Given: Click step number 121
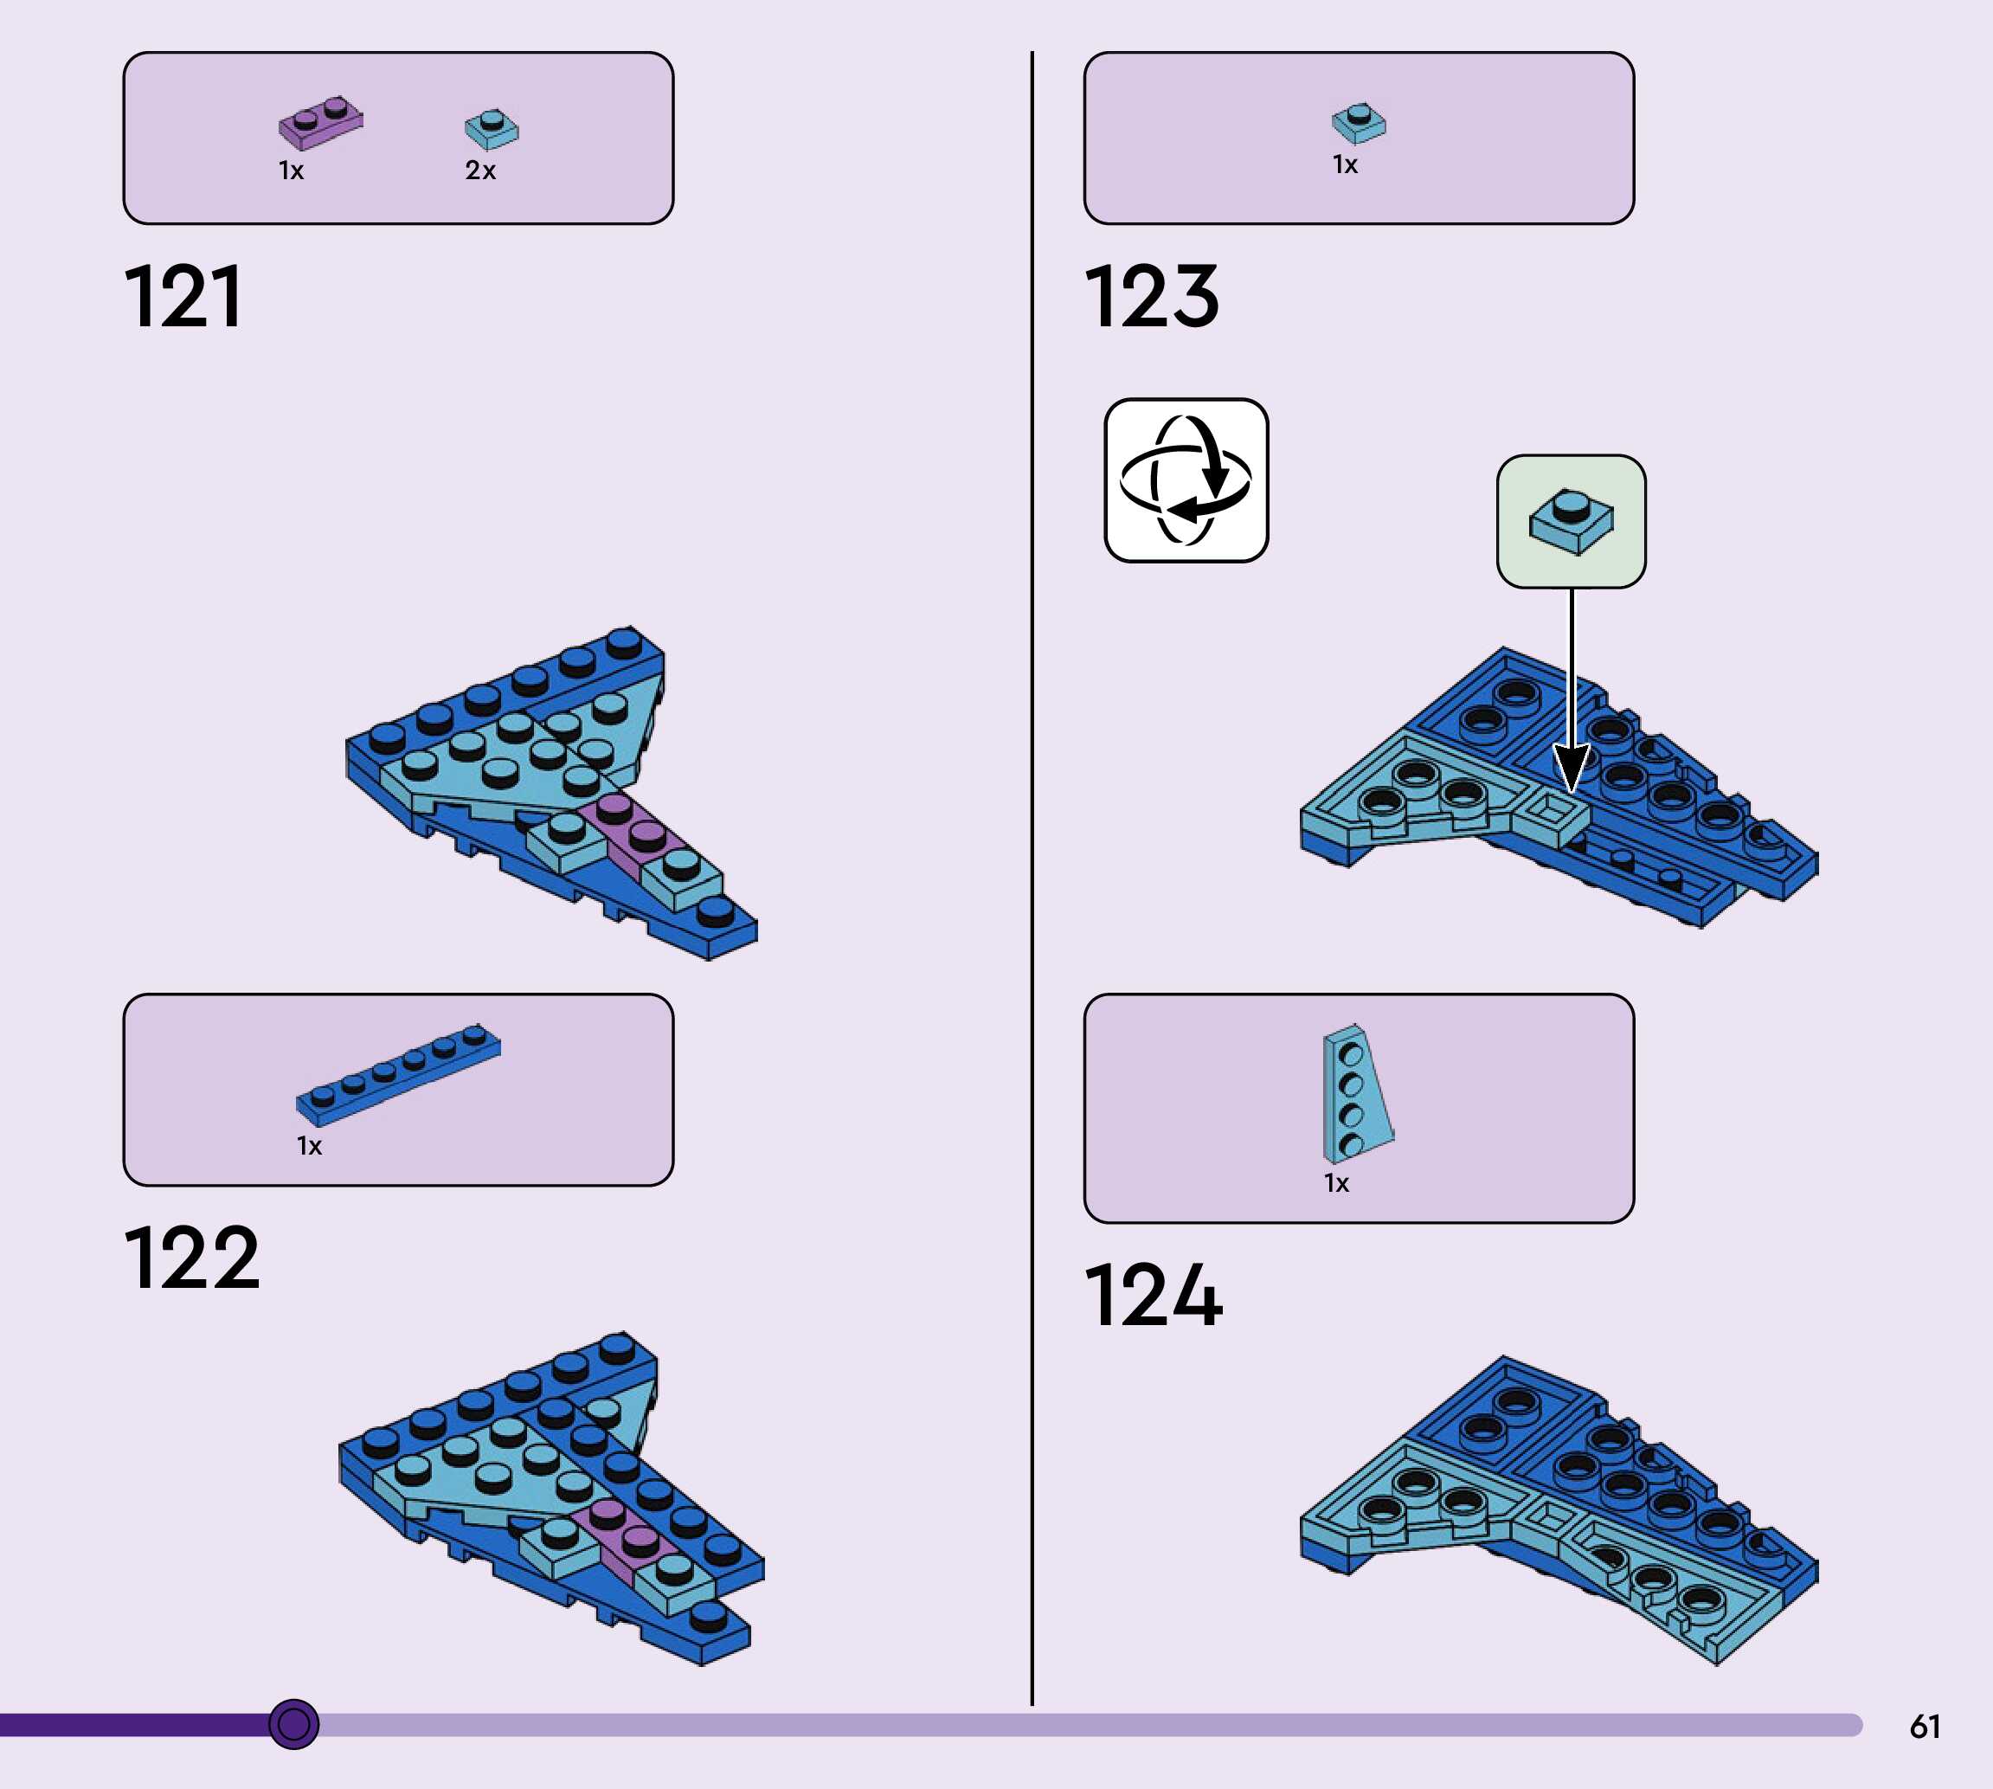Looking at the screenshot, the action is pyautogui.click(x=183, y=296).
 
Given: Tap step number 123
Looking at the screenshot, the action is pyautogui.click(x=1152, y=296).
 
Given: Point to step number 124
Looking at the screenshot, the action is pyautogui.click(x=1154, y=1296).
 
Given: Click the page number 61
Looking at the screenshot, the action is pyautogui.click(x=1925, y=1727).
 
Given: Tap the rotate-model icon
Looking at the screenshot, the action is pyautogui.click(x=1186, y=480).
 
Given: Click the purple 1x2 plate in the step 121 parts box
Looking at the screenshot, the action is pyautogui.click(x=320, y=123).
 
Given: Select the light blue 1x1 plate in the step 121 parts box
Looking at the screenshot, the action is pyautogui.click(x=492, y=129).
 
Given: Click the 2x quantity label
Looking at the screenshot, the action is pyautogui.click(x=480, y=171).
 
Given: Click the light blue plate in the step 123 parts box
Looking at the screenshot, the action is pyautogui.click(x=1360, y=123).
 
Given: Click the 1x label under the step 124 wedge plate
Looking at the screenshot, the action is pyautogui.click(x=1336, y=1183).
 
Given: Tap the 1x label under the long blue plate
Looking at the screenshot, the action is pyautogui.click(x=310, y=1146).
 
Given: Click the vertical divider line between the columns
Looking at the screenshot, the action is pyautogui.click(x=1032, y=885).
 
